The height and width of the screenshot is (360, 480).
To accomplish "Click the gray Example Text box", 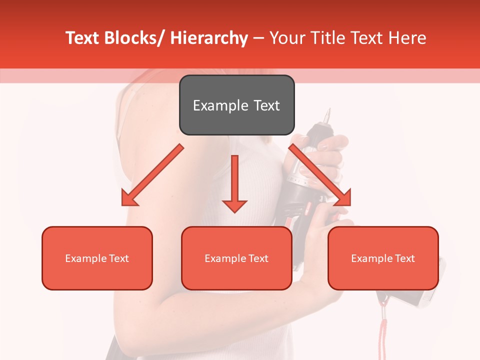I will coord(236,105).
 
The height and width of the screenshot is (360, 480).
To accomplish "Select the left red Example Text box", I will coord(97,258).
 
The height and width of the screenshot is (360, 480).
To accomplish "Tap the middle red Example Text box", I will coord(236,258).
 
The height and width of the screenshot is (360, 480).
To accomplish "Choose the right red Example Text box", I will coord(383,258).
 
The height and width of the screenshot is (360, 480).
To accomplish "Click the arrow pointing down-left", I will coord(152,175).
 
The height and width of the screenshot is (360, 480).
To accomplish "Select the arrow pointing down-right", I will coord(320,175).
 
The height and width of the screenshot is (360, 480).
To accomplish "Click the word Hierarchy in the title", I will coord(209,38).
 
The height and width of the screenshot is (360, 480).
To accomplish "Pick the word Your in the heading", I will coord(286,38).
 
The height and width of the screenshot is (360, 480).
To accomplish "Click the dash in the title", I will coord(258,38).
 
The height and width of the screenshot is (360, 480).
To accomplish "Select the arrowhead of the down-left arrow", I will coord(128,198).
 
